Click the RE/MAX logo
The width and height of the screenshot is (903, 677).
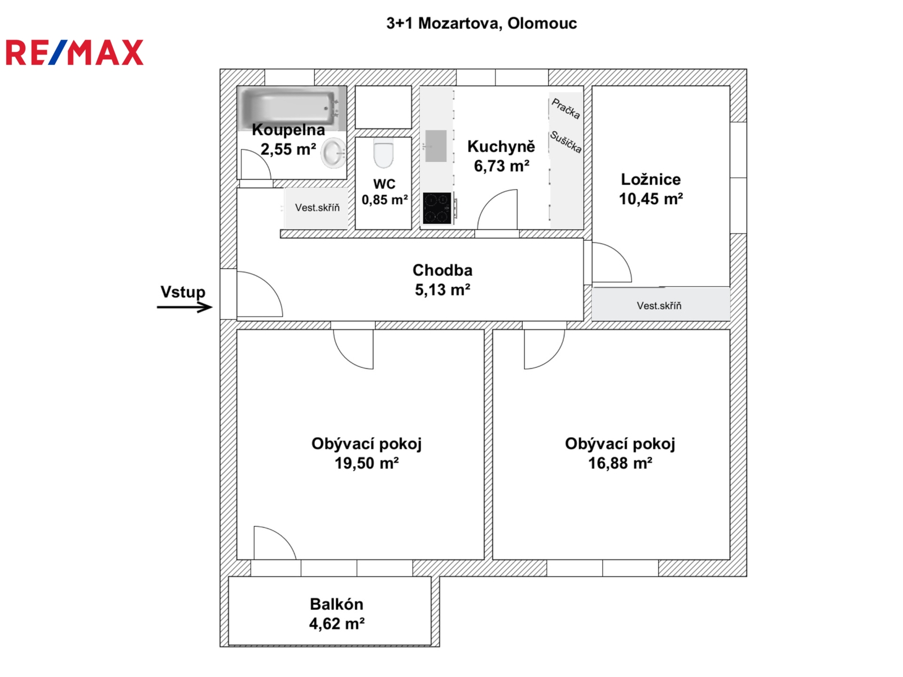point(74,52)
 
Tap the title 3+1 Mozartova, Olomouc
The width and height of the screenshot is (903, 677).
point(481,23)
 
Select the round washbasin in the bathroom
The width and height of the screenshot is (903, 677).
point(334,152)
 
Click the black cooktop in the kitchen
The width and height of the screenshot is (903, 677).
point(437,208)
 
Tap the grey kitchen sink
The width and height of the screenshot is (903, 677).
point(436,146)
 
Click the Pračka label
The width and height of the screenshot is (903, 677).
point(566,108)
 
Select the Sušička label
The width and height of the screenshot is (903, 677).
point(566,142)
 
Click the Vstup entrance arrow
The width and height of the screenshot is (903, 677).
point(185,307)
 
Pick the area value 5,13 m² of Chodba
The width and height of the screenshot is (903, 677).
point(442,290)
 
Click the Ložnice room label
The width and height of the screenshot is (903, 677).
point(651,179)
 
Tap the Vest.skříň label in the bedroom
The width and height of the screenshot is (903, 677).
point(659,306)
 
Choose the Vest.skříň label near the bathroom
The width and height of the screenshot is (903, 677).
point(317,208)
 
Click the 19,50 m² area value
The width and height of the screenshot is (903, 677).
point(366,463)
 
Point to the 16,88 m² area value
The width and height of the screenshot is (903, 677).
point(620,463)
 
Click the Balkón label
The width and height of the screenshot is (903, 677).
point(336,604)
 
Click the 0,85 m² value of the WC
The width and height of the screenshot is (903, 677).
point(384,200)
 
